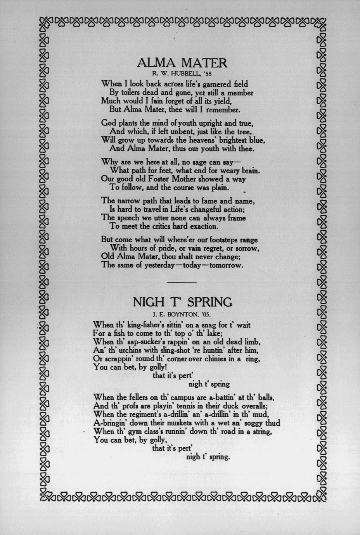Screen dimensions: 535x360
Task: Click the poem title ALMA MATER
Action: click(182, 62)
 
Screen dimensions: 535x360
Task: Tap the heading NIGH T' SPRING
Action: click(182, 302)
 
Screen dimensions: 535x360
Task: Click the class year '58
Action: click(207, 72)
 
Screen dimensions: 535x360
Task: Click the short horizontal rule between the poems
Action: click(182, 283)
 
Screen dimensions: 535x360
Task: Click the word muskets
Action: click(178, 423)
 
